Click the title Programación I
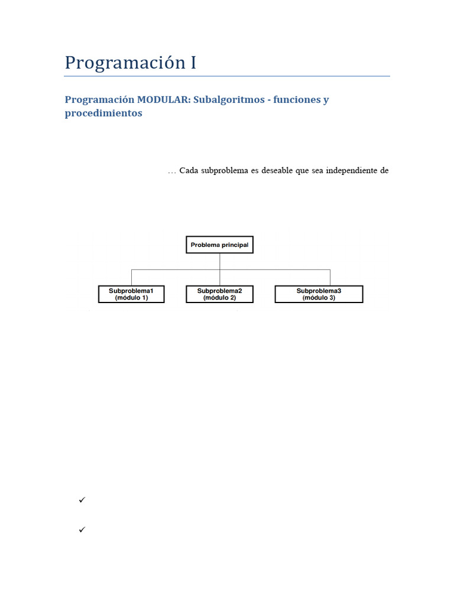coord(130,63)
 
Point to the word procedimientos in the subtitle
coord(103,113)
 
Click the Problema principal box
coord(219,245)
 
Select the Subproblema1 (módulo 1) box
coord(131,294)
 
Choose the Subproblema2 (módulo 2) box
coord(219,294)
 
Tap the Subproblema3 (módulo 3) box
coord(319,294)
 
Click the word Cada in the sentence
coord(189,171)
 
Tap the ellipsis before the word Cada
coord(172,172)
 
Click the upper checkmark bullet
coord(82,500)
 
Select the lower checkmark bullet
coord(82,530)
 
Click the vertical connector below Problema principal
coord(219,262)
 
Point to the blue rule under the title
coord(227,76)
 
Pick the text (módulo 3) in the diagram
coord(319,298)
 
